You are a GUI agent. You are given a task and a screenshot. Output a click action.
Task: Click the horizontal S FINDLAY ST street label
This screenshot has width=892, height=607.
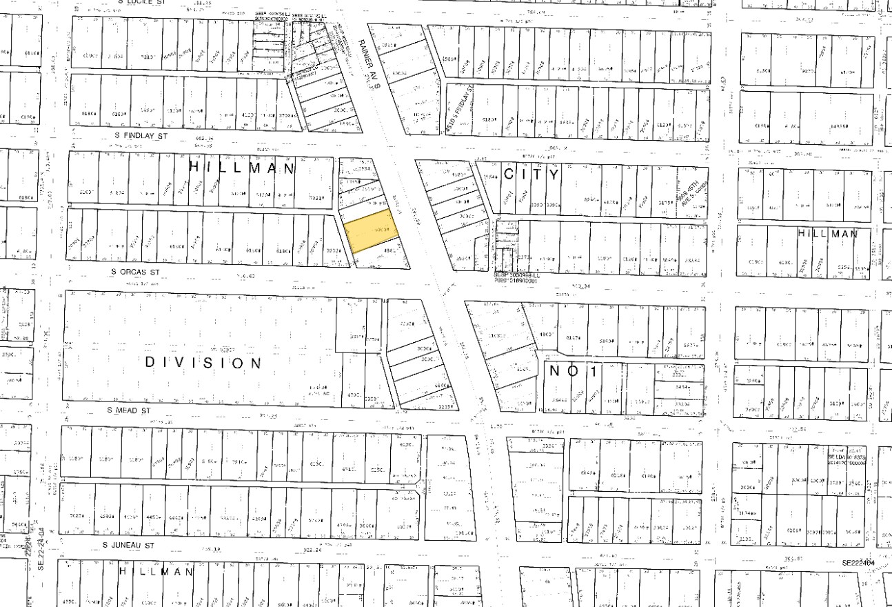140,137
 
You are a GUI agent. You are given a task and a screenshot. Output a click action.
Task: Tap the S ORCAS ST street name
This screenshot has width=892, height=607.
135,272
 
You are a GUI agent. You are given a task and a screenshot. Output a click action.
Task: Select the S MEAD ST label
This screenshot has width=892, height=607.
128,410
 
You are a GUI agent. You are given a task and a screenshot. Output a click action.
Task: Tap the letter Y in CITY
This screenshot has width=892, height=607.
554,175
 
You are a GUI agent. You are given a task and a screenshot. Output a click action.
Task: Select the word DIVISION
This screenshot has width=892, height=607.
204,362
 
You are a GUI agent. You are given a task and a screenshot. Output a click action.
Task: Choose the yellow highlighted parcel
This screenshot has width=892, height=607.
371,235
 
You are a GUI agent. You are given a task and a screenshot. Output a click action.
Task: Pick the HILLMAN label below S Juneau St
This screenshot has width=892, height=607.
156,572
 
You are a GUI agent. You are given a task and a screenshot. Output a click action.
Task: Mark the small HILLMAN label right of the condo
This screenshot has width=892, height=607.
828,234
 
